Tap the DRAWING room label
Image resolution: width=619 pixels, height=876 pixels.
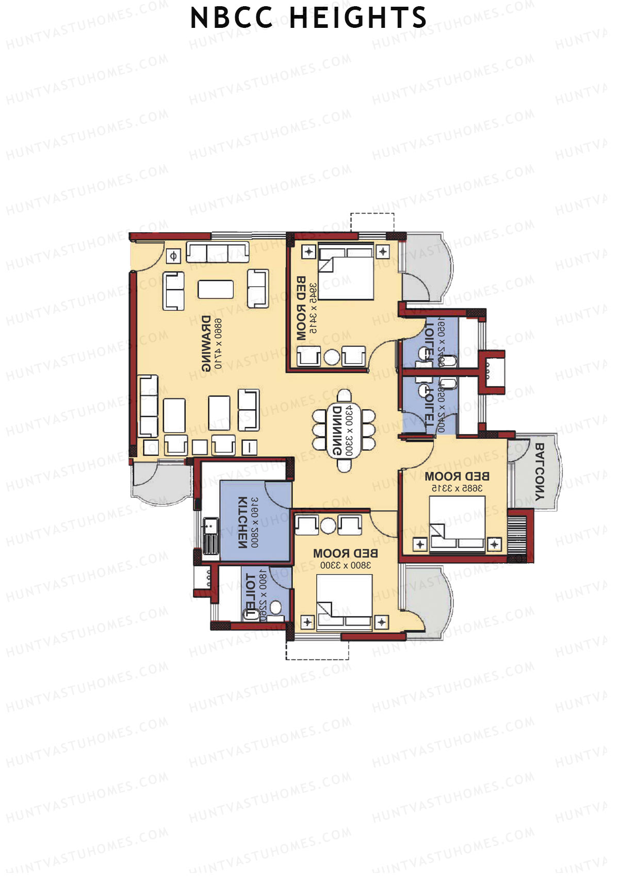pos(205,343)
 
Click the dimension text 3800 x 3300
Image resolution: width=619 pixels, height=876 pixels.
pos(345,565)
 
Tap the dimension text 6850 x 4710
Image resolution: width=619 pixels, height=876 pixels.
pos(217,343)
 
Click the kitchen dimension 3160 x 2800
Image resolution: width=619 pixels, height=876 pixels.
pos(255,522)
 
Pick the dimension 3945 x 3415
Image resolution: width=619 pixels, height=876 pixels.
pos(313,308)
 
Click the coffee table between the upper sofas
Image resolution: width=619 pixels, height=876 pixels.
pos(216,289)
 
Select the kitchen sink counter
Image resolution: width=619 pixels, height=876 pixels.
pos(210,536)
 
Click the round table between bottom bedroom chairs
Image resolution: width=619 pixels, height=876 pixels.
pos(328,525)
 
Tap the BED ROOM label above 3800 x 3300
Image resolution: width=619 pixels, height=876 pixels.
pos(345,553)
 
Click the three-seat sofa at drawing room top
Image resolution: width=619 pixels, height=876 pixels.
pos(217,252)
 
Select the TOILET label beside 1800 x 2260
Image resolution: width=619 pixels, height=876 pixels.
pos(251,595)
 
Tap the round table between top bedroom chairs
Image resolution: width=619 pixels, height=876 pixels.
pos(332,357)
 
